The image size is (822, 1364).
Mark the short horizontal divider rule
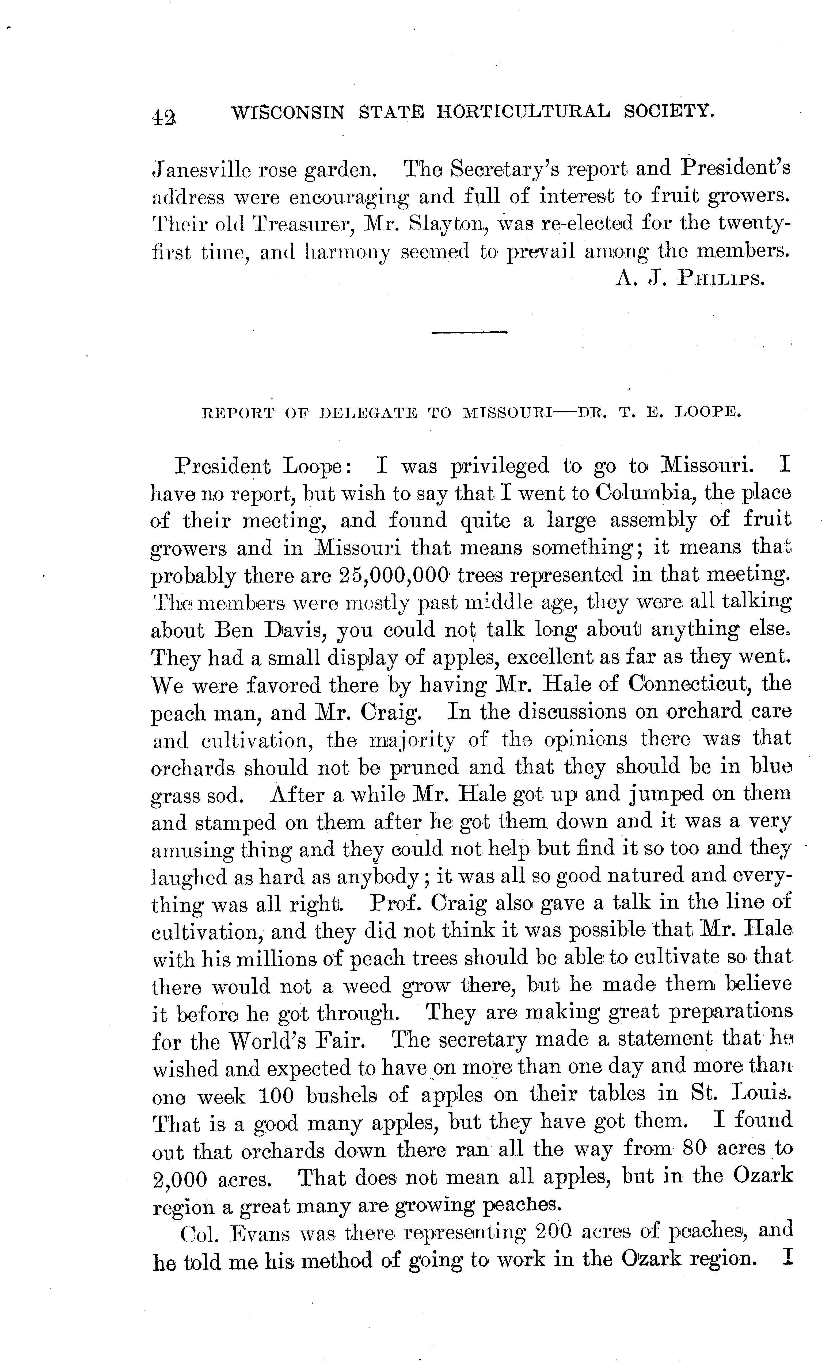[x=470, y=332]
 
